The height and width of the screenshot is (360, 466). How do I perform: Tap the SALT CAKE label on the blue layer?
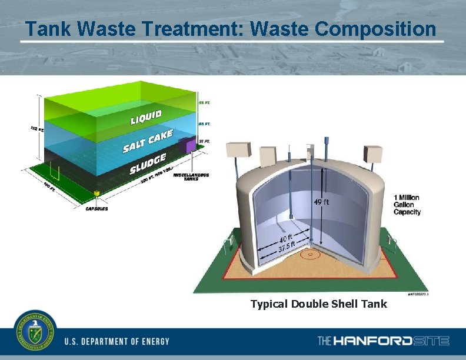click(148, 141)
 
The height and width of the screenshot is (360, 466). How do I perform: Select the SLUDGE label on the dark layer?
click(148, 164)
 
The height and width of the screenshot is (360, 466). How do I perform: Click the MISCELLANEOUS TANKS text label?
click(191, 176)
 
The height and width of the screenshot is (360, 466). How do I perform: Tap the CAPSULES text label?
click(97, 208)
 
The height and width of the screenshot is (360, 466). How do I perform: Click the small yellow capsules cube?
click(97, 192)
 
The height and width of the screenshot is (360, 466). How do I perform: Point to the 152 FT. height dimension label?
click(38, 129)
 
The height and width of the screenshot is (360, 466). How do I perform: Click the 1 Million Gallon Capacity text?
click(407, 205)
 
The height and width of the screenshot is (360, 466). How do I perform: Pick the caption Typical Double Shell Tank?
click(318, 304)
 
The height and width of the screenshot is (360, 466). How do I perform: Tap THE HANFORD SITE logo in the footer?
click(383, 341)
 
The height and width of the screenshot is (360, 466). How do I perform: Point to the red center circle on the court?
click(309, 254)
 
